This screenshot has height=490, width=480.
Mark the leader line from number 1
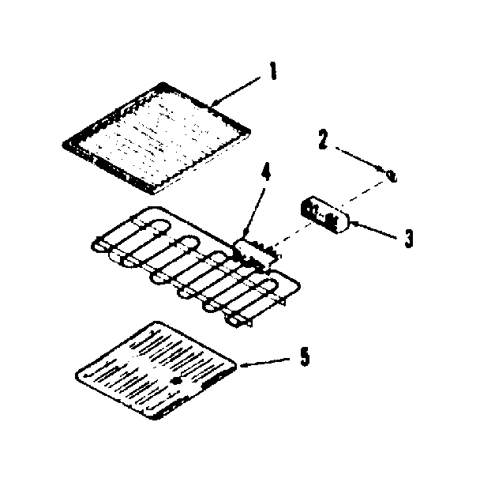click(x=237, y=89)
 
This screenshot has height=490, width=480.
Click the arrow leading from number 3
click(x=375, y=230)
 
